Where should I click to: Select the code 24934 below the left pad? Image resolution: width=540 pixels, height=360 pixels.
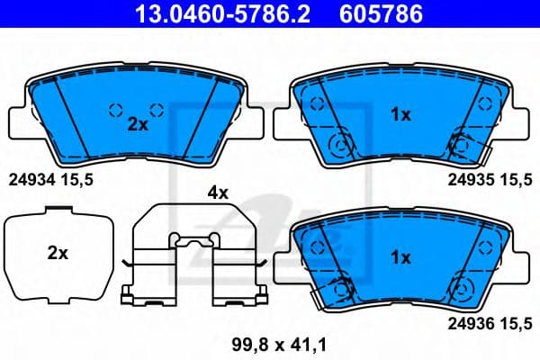point(30,180)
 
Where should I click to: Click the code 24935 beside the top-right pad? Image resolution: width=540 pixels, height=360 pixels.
point(469,180)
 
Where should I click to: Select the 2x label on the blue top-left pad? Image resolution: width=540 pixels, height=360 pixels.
point(137,125)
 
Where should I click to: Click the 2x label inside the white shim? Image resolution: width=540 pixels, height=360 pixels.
point(58,254)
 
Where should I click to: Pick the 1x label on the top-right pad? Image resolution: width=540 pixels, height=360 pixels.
point(400,114)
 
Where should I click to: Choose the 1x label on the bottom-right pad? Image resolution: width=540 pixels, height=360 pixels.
point(400,256)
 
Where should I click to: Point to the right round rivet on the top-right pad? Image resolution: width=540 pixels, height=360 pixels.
point(462,144)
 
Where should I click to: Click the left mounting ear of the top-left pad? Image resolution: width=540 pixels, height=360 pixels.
point(18,121)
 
